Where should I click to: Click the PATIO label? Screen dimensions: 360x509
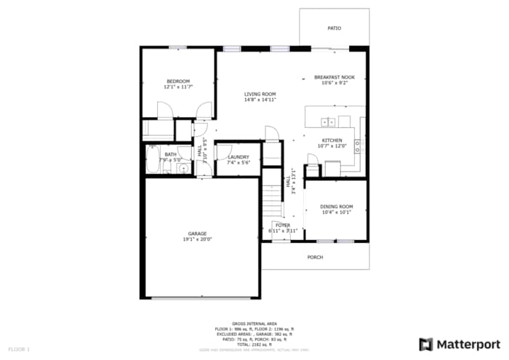334,28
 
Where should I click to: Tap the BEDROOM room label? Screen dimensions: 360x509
177,81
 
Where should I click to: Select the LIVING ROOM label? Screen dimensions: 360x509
260,94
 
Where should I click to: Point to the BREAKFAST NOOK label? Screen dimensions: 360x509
334,77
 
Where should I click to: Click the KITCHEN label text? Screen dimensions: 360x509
332,140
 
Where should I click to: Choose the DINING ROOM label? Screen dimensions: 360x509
337,207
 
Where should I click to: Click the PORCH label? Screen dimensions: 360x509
315,257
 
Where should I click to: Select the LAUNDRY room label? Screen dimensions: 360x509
239,157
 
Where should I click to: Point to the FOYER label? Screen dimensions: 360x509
283,225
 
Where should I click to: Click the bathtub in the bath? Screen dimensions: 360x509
152,160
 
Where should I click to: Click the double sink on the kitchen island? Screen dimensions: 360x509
328,122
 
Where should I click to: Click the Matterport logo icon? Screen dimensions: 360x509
426,344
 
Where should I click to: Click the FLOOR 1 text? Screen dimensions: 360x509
19,350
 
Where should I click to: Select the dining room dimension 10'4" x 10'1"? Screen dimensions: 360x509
337,212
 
